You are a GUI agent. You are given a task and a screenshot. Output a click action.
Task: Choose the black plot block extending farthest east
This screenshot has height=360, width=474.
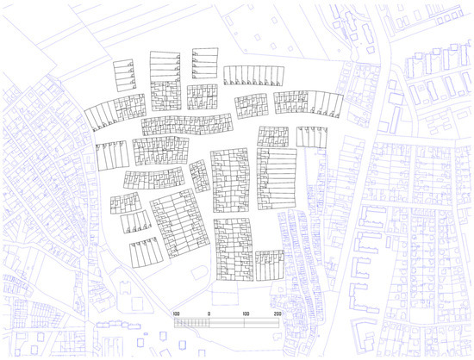(x=311, y=136)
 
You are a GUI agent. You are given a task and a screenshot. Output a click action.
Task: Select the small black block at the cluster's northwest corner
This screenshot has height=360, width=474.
(x=124, y=74)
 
